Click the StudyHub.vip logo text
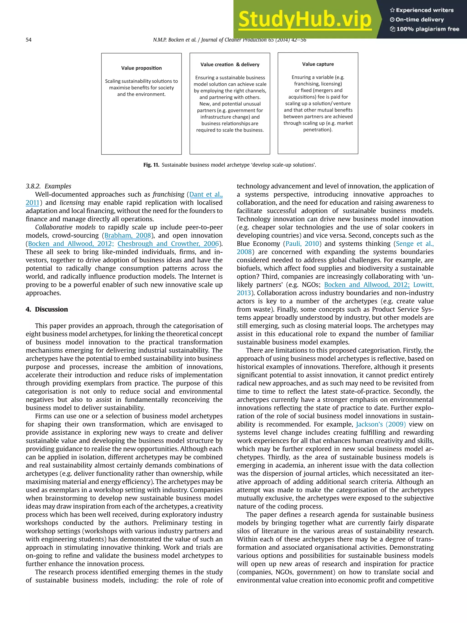pos(305,19)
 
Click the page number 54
pos(29,40)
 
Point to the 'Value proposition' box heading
pos(141,68)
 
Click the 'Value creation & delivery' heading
pos(230,65)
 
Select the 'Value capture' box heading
pos(318,64)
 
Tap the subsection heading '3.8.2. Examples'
pos(48,186)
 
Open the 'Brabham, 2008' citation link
pos(127,235)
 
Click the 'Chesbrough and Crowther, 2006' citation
pos(168,244)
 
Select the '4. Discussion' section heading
pos(47,309)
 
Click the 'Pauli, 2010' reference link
pos(302,244)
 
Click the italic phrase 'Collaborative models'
pos(65,227)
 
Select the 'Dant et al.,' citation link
pos(206,194)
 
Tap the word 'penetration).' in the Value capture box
pos(318,130)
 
